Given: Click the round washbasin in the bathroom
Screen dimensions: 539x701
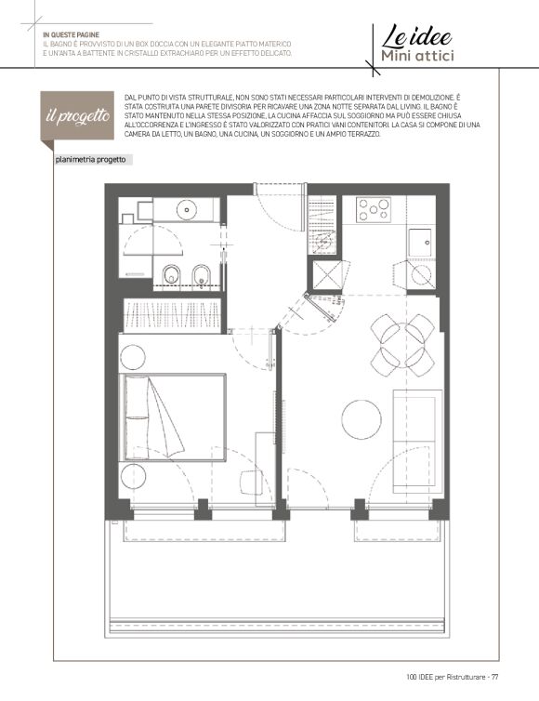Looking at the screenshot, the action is tap(187, 210).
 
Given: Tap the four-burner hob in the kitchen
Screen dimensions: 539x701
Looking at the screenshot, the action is tap(374, 209).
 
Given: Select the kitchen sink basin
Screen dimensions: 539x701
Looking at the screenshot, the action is tap(420, 243).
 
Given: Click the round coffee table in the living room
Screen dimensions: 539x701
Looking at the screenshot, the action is tap(362, 419).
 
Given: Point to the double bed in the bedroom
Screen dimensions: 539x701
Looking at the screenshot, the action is tap(173, 417).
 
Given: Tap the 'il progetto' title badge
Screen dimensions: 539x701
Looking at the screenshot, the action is tap(77, 116).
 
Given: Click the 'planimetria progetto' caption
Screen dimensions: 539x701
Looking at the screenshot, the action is tap(90, 160).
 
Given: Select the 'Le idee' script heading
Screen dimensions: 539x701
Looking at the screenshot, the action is tap(417, 37).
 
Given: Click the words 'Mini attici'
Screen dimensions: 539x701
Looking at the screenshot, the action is tap(417, 56).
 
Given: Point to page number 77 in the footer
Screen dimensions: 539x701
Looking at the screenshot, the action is tap(494, 677).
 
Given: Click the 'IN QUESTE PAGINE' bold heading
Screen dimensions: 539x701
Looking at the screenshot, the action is tap(71, 35).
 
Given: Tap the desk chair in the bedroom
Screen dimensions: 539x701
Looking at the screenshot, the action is tap(250, 482).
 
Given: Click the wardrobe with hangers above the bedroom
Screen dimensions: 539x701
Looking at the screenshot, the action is tap(172, 315).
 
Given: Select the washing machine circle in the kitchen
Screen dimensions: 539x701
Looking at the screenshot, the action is tap(421, 275).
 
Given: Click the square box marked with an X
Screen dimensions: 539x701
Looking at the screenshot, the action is tap(325, 274).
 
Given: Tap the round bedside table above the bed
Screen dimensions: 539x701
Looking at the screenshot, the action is tap(132, 357).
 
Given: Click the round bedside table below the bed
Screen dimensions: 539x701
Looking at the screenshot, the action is tap(133, 476).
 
